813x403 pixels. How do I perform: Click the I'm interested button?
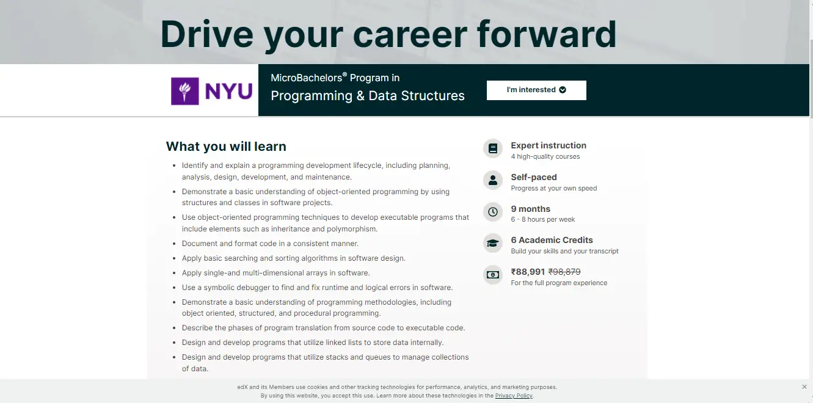coord(536,90)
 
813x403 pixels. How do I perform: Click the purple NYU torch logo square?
coord(184,91)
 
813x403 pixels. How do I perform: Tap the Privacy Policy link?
coord(514,396)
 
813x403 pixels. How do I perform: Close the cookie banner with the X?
coord(804,387)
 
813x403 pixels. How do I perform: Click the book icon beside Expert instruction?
coord(492,148)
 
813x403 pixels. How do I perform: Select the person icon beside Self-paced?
coord(492,180)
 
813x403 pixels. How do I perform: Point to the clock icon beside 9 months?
coord(492,212)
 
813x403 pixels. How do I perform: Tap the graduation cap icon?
coord(492,244)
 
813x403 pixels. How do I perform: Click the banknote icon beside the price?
coord(492,275)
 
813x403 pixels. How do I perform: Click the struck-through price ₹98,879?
coord(564,272)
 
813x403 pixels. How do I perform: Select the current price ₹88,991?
coord(528,272)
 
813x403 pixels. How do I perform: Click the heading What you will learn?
coord(226,147)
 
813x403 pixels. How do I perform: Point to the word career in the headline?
coord(410,34)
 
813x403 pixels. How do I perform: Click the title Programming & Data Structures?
coord(368,96)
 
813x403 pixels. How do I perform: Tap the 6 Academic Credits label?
coord(552,240)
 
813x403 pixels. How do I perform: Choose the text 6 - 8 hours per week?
coord(542,219)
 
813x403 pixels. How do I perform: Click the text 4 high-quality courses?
coord(545,156)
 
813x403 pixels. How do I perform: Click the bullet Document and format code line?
coord(270,244)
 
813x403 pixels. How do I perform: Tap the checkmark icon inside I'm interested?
coord(563,90)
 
